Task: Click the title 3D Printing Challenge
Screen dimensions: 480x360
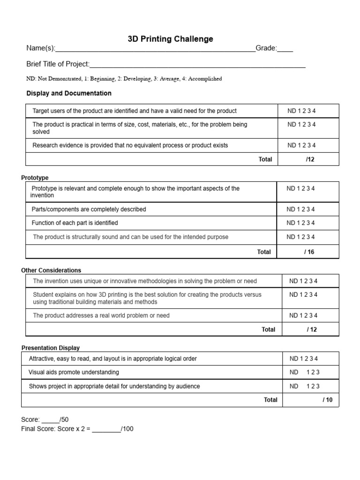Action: pos(170,39)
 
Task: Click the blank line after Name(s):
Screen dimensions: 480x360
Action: pos(155,49)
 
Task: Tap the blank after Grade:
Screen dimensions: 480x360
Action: pos(285,49)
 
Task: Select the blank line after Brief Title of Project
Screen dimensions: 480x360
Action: pos(197,65)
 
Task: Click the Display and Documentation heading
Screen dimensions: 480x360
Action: pos(69,93)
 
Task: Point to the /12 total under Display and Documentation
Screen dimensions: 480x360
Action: pos(310,159)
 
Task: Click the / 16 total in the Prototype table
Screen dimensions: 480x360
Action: pos(309,252)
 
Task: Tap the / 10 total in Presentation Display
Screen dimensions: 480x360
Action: pos(327,400)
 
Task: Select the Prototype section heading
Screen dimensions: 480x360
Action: pos(35,178)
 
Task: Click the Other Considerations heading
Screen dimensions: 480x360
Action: pos(51,270)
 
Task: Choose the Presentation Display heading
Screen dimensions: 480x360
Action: pos(51,348)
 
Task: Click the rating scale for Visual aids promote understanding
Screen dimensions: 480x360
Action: pos(305,372)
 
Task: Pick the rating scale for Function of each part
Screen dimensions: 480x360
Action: pos(300,223)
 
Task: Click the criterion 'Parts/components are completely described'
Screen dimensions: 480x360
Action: pos(89,209)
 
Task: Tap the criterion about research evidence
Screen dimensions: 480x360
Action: pos(130,145)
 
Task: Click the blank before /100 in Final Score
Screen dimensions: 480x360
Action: pos(106,429)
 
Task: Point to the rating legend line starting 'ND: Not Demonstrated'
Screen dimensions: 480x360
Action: pos(124,79)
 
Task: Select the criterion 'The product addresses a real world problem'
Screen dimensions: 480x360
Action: pos(101,315)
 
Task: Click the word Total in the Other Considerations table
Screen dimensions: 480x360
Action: pos(268,330)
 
